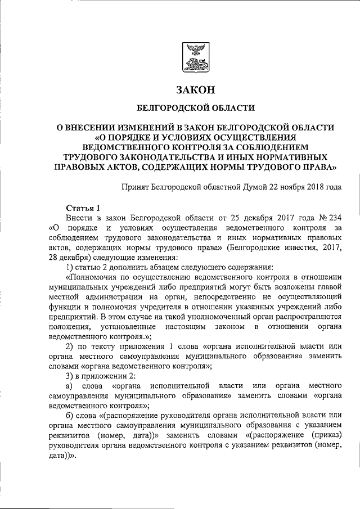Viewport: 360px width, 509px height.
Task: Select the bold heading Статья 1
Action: [x=83, y=208]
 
